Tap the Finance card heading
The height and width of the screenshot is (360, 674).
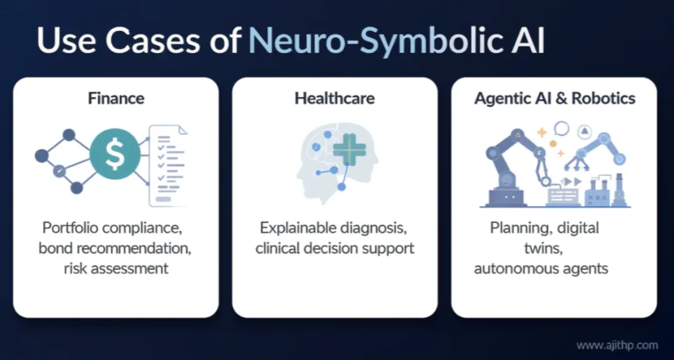115,98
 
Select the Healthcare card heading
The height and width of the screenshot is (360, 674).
335,98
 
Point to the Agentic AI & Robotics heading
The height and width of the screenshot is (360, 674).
554,98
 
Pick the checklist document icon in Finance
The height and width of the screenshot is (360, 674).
167,165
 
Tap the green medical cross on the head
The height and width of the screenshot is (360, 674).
349,150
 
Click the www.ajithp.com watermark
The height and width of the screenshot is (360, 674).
617,344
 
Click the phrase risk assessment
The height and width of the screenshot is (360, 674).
115,268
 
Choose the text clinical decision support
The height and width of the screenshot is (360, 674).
335,248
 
